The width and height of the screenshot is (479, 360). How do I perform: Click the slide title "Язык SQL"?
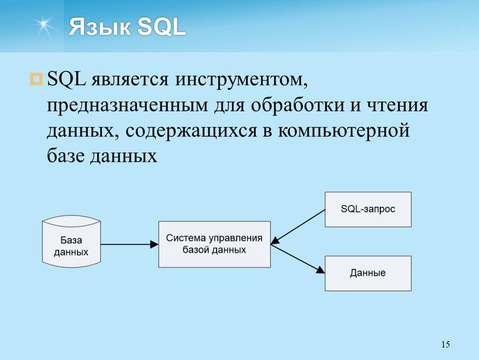click(x=127, y=27)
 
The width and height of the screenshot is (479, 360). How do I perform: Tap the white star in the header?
click(x=43, y=24)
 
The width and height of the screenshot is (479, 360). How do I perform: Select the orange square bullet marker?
click(x=36, y=79)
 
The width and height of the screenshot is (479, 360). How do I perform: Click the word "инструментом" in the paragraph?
click(x=241, y=79)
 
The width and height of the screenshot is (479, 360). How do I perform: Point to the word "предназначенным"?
click(x=127, y=106)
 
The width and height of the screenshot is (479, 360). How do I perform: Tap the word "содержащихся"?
click(x=191, y=132)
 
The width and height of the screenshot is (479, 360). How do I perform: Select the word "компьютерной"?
click(x=343, y=132)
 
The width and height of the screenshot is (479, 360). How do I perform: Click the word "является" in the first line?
click(x=130, y=80)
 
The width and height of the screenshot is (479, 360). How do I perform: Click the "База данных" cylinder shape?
click(x=71, y=241)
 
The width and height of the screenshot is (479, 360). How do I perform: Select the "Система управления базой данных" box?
click(x=214, y=244)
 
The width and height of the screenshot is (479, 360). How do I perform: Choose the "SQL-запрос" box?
click(x=368, y=209)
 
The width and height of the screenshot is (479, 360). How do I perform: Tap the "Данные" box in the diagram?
click(x=368, y=273)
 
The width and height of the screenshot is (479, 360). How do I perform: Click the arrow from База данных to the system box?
click(x=130, y=244)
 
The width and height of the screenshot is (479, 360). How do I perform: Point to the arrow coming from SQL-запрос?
click(x=298, y=227)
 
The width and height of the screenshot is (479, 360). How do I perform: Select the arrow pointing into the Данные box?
click(x=298, y=258)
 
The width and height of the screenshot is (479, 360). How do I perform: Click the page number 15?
click(x=446, y=344)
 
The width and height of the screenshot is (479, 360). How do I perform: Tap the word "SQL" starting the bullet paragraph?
click(x=66, y=79)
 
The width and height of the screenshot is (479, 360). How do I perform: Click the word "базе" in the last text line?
click(x=66, y=156)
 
